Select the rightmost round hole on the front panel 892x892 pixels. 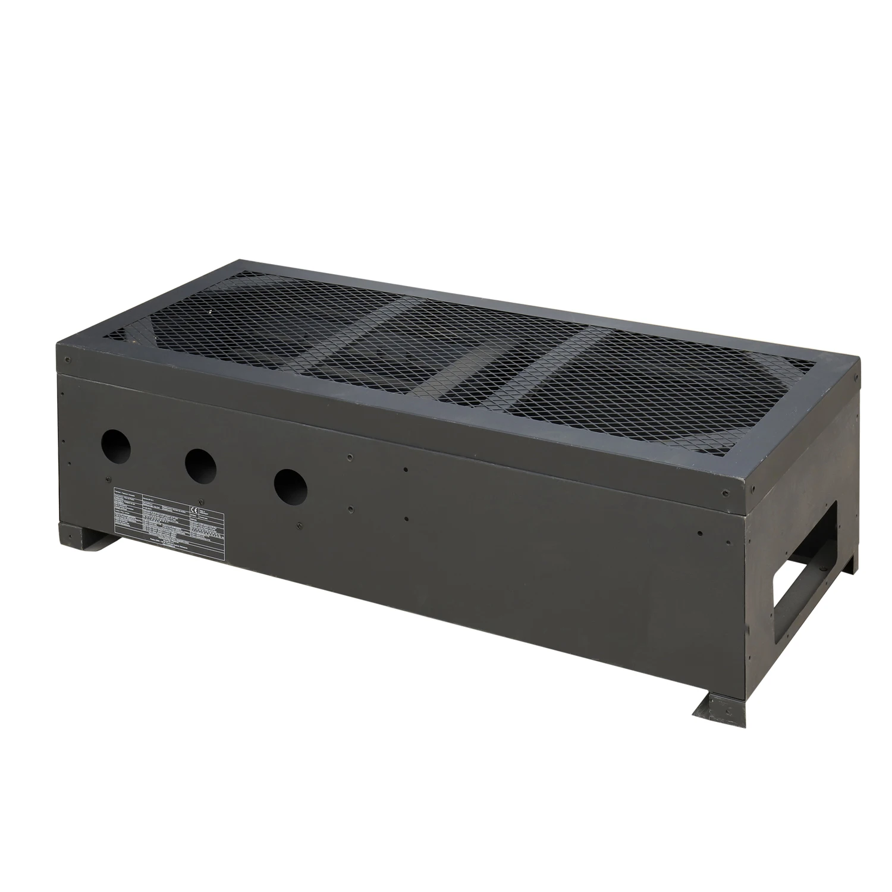tap(291, 486)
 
